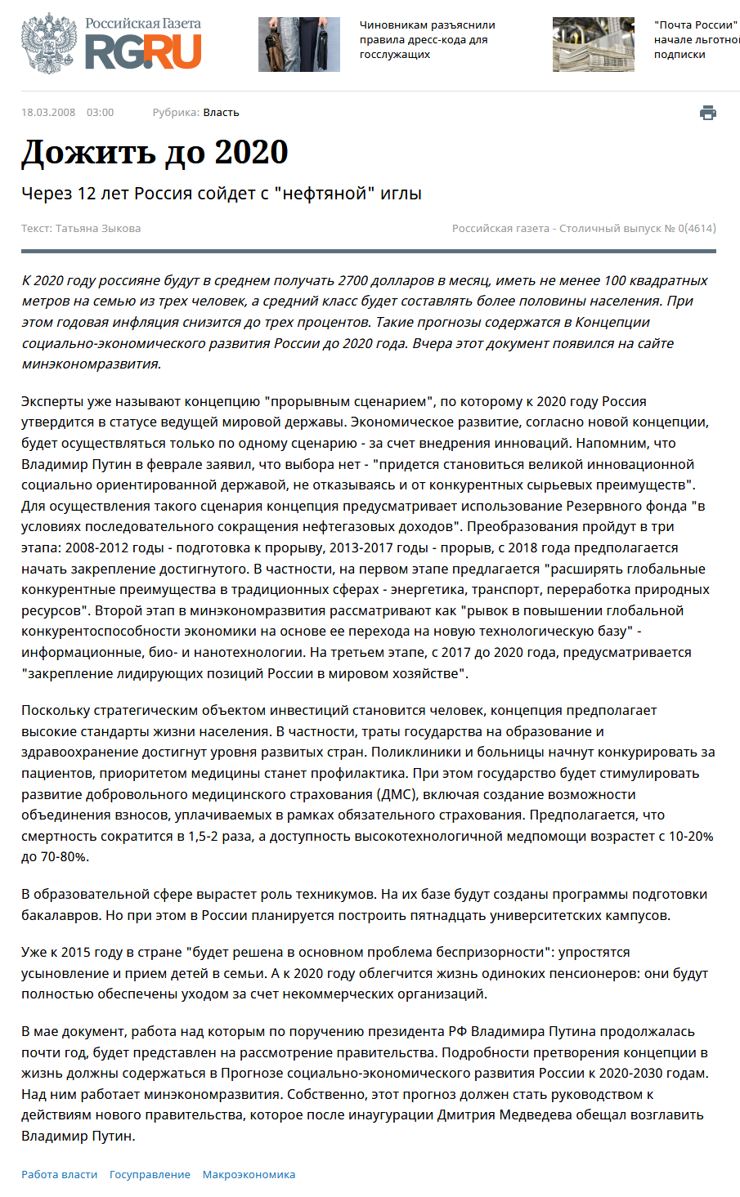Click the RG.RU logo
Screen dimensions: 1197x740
143,51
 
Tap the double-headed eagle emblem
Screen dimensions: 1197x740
49,44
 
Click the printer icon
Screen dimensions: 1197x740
708,113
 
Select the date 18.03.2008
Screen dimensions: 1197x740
48,113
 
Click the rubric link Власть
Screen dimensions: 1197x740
221,113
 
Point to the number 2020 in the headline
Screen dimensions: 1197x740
251,153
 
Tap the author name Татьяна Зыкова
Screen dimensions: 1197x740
98,229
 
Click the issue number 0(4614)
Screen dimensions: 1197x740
697,229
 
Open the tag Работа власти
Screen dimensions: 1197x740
59,1175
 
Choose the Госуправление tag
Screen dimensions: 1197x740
150,1175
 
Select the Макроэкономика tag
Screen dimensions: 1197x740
249,1175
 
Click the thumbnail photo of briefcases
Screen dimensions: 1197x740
299,44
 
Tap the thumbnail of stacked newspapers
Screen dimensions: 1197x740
593,44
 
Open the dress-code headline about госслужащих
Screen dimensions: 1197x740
427,40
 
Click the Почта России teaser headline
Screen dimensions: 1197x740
696,40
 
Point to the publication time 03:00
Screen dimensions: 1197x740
101,113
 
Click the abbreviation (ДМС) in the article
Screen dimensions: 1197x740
396,794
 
